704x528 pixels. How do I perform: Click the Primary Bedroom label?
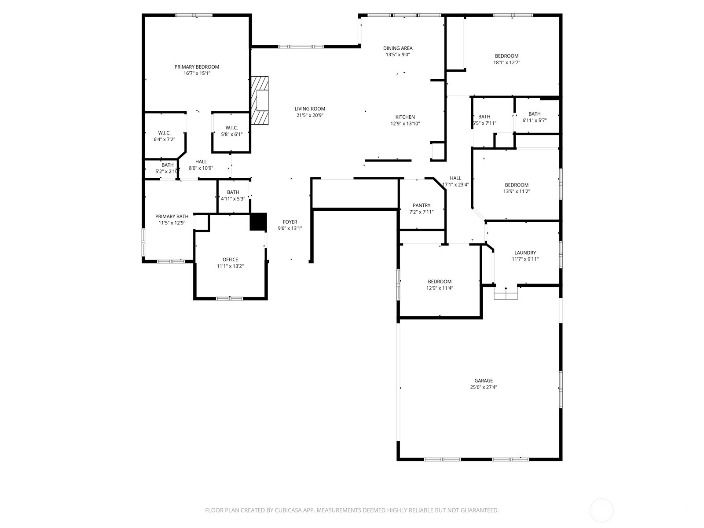click(x=197, y=67)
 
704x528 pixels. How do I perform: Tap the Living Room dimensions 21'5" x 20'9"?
click(x=310, y=115)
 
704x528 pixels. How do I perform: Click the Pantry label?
click(x=422, y=205)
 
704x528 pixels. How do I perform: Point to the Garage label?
click(x=484, y=381)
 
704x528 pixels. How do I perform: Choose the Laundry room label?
click(x=525, y=253)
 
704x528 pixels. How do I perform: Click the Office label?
click(x=230, y=260)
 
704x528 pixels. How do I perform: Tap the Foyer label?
click(x=290, y=222)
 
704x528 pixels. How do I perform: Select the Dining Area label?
click(x=398, y=48)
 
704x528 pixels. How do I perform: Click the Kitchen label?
click(x=405, y=117)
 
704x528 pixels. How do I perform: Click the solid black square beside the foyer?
click(x=258, y=222)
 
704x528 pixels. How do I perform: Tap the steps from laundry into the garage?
click(x=506, y=293)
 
